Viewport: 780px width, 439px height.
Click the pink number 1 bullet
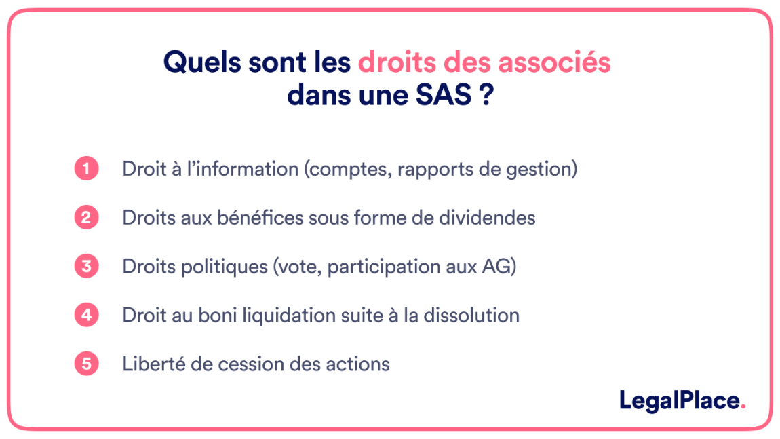87,169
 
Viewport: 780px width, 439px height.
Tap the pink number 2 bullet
87,218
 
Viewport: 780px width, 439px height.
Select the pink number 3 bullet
87,267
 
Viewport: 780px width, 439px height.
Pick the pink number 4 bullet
87,316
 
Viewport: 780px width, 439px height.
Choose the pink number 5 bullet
87,364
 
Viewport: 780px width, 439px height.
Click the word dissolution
471,316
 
